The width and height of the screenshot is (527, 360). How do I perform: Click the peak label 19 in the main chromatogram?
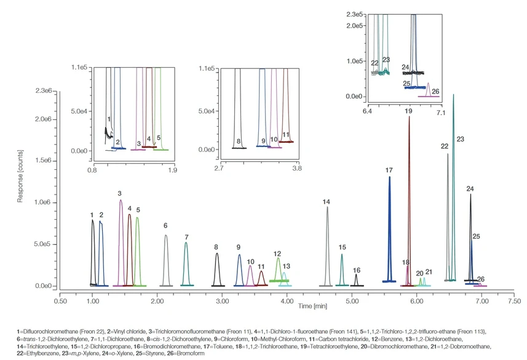tap(408, 111)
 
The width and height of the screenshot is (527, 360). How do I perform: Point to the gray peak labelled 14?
tap(327, 246)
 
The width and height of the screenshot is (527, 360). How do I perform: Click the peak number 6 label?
tap(165, 226)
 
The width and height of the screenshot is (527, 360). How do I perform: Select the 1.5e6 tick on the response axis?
tap(44, 161)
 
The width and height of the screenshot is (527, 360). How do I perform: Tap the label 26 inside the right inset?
tap(435, 92)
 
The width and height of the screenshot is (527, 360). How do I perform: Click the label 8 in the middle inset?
tap(238, 142)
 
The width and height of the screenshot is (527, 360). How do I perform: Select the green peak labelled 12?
tap(279, 270)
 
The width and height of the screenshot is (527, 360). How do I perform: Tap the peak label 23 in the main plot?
tap(460, 140)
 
